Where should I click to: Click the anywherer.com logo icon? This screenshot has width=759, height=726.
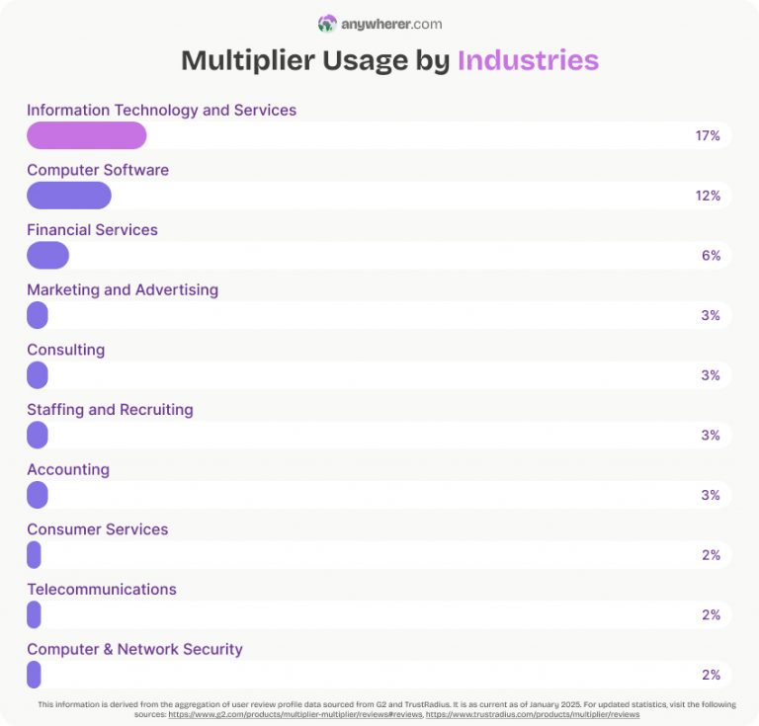(x=327, y=24)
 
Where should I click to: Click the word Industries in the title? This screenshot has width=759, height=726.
(x=528, y=60)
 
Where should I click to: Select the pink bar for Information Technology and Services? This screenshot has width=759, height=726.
(x=86, y=135)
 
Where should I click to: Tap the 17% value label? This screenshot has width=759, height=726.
(x=708, y=135)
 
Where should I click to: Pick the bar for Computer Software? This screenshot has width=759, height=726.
(x=68, y=196)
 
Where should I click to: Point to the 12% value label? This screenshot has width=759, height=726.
(x=708, y=196)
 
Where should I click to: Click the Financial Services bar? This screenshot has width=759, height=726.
(x=47, y=256)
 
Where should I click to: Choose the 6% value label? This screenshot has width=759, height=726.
(x=711, y=256)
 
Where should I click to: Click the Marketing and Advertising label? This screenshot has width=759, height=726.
(x=123, y=289)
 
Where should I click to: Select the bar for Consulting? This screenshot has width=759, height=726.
(x=38, y=375)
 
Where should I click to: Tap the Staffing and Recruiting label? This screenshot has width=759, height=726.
(x=110, y=409)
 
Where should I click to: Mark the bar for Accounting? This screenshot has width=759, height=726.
(x=38, y=495)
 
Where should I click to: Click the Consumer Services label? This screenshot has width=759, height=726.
(x=97, y=529)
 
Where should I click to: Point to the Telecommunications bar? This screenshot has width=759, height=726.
(x=34, y=614)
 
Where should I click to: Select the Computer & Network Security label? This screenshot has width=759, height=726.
(x=134, y=649)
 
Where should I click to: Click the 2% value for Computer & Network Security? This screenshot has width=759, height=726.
(x=711, y=675)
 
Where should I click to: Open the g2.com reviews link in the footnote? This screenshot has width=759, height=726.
(x=295, y=713)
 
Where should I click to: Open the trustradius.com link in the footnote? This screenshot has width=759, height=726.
(x=533, y=713)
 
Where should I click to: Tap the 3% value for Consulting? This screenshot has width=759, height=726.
(x=711, y=375)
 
